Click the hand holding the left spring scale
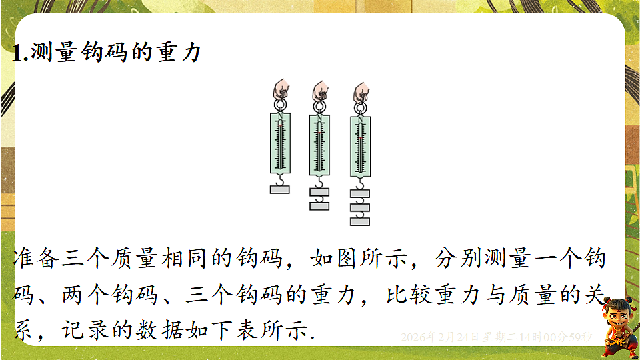tap(281, 89)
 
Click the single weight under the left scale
tap(280, 189)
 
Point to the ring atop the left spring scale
tap(281, 105)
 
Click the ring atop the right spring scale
tap(361, 106)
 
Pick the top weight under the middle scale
tap(320, 193)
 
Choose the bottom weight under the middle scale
tap(320, 205)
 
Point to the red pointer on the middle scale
tap(321, 133)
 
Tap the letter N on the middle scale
tap(320, 119)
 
